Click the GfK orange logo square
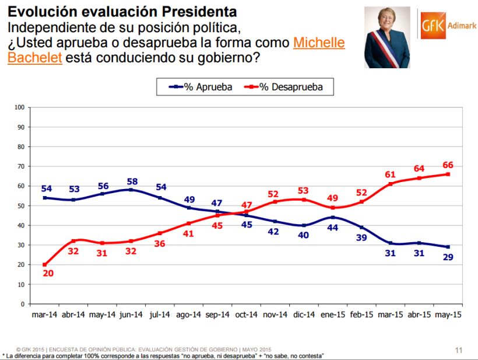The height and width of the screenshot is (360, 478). [x=433, y=25]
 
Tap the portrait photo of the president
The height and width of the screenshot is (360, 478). [x=388, y=37]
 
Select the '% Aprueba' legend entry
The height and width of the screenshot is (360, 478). [x=202, y=87]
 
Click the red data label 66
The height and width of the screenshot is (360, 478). [x=447, y=164]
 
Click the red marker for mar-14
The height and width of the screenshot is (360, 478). [x=45, y=264]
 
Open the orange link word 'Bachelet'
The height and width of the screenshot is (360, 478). [x=35, y=58]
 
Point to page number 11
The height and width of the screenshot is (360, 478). [x=458, y=350]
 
